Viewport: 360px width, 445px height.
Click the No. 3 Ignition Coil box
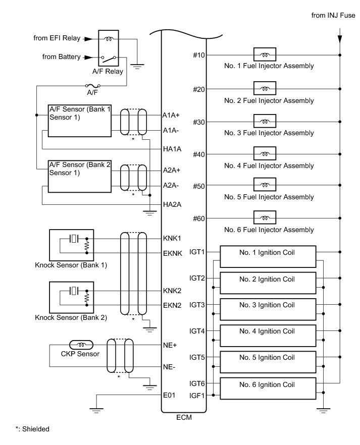(x=267, y=308)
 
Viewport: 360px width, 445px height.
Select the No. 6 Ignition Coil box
(x=267, y=388)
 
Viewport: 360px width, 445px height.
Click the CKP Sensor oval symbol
(x=81, y=345)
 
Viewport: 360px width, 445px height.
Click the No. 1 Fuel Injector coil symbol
(x=264, y=54)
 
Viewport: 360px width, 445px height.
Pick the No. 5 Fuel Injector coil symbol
(x=264, y=186)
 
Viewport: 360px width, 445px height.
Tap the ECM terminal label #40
(x=199, y=154)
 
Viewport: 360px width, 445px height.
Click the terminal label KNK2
(x=172, y=291)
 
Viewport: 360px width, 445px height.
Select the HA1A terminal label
(x=172, y=149)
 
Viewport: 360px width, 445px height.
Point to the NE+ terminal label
(x=169, y=345)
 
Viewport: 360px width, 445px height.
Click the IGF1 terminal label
(x=197, y=395)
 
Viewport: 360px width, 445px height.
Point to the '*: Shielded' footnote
(x=32, y=429)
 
